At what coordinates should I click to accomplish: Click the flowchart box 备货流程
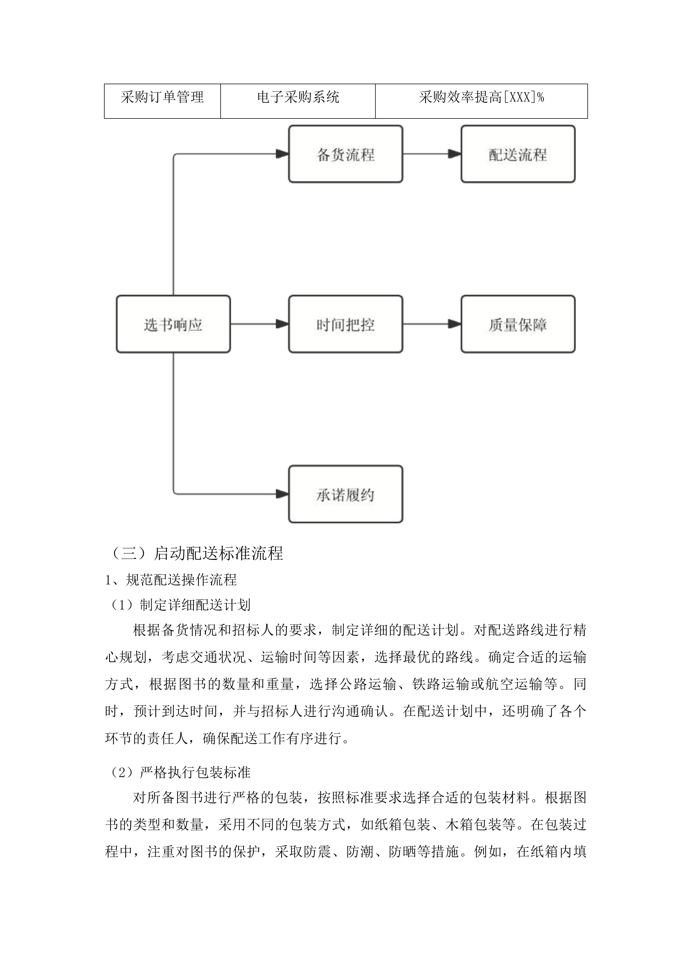pyautogui.click(x=346, y=154)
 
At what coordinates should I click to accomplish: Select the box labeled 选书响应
pyautogui.click(x=173, y=324)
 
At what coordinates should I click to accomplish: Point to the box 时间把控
pyautogui.click(x=346, y=324)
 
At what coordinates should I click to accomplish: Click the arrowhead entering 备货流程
pyautogui.click(x=283, y=154)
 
